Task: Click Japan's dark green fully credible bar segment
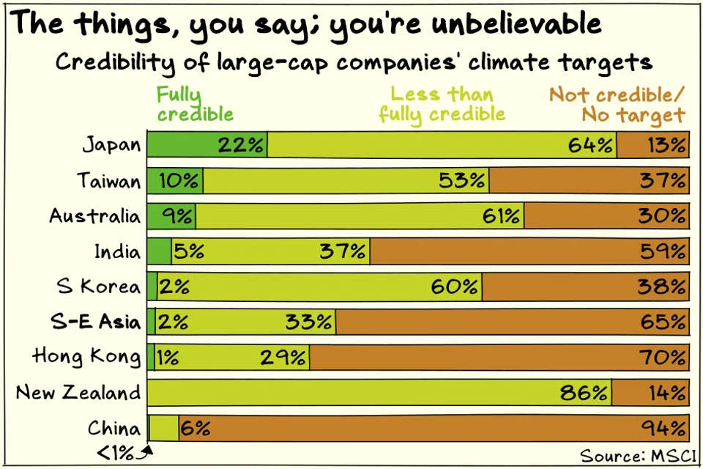(x=183, y=144)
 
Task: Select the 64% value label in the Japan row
(x=591, y=145)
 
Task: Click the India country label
(x=116, y=252)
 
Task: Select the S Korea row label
(x=97, y=287)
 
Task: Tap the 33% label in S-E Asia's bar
(x=312, y=322)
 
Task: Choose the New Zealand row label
(x=78, y=393)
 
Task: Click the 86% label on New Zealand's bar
(x=584, y=393)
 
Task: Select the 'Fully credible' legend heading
(x=194, y=105)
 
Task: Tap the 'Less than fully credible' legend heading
(x=442, y=105)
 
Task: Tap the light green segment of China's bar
(x=164, y=428)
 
